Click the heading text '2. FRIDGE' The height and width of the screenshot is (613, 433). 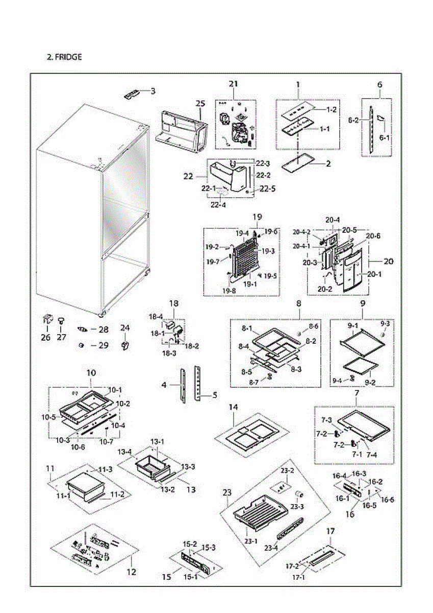point(64,57)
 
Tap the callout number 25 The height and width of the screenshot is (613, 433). point(200,103)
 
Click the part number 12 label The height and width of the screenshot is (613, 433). point(132,572)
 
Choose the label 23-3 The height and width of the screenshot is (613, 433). point(297,506)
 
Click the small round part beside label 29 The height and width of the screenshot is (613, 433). point(81,345)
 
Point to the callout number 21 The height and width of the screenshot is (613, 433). point(234,84)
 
